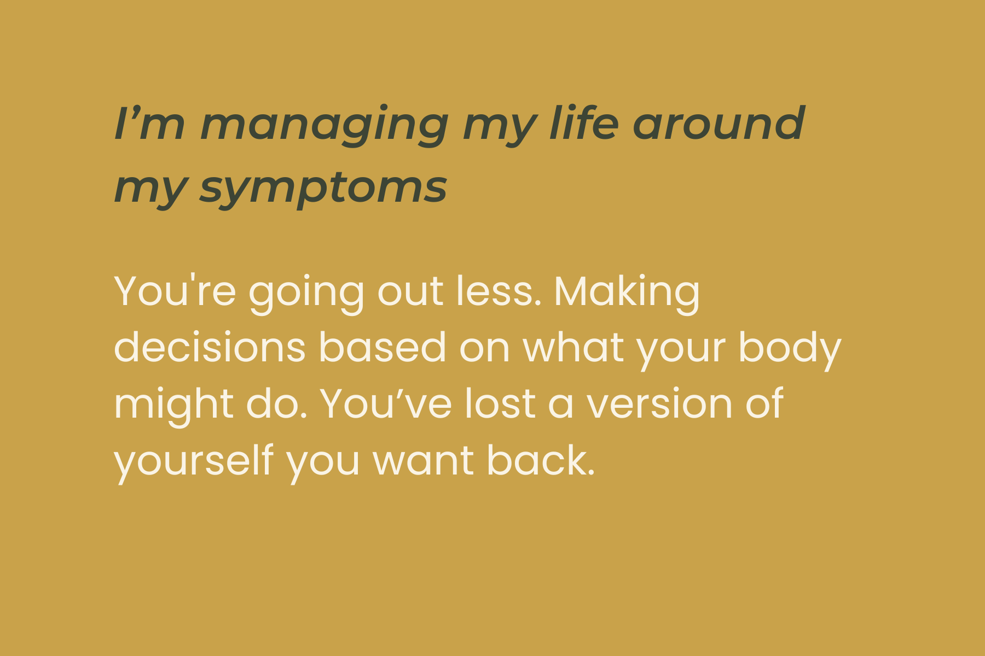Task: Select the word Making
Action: [x=627, y=292]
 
